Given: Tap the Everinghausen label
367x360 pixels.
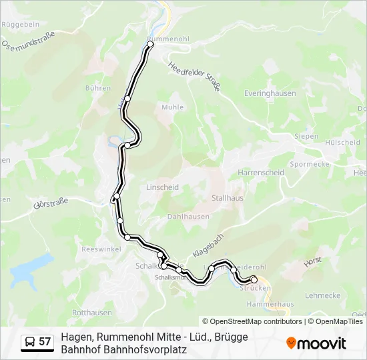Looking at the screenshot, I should [270, 93].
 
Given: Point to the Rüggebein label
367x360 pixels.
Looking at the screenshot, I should [22, 24].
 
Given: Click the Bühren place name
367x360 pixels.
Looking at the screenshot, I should [97, 88].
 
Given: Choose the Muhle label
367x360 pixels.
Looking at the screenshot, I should [167, 106].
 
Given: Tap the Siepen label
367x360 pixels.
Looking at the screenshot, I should [306, 136].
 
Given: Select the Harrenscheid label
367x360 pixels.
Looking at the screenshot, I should [261, 172].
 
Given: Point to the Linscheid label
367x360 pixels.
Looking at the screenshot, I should [162, 187].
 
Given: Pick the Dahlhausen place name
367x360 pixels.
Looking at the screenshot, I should [188, 217].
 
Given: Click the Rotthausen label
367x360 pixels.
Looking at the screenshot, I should [91, 312].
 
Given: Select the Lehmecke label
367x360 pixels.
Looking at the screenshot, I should [322, 295].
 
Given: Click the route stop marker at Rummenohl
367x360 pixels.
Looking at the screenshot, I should [150, 44].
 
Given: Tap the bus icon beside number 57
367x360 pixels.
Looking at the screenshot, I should [29, 341].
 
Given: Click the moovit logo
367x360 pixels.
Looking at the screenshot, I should [316, 343].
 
